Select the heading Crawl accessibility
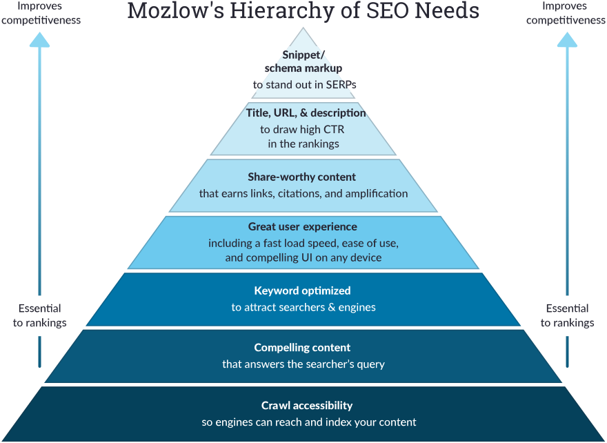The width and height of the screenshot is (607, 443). pyautogui.click(x=307, y=406)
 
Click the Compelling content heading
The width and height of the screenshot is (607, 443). pyautogui.click(x=302, y=348)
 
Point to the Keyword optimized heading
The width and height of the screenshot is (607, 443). pyautogui.click(x=302, y=291)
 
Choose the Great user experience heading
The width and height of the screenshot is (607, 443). pyautogui.click(x=302, y=226)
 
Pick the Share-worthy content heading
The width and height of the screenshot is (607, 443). pyautogui.click(x=302, y=177)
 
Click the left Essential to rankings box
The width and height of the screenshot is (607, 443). pyautogui.click(x=39, y=316)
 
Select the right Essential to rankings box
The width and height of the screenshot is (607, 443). pyautogui.click(x=567, y=316)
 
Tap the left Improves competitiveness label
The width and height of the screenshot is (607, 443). pyautogui.click(x=40, y=13)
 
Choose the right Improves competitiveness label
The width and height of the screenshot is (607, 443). pyautogui.click(x=566, y=13)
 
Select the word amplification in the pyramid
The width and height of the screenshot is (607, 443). pyautogui.click(x=376, y=194)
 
